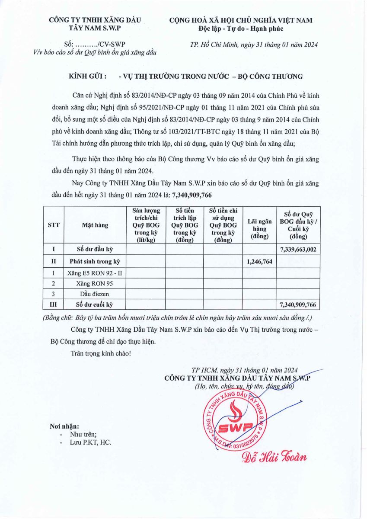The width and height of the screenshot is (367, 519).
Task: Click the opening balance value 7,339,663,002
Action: coord(298,250)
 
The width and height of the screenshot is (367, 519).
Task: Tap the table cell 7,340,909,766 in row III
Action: coord(298,305)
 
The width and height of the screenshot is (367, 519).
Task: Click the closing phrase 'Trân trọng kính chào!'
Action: coord(100,353)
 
